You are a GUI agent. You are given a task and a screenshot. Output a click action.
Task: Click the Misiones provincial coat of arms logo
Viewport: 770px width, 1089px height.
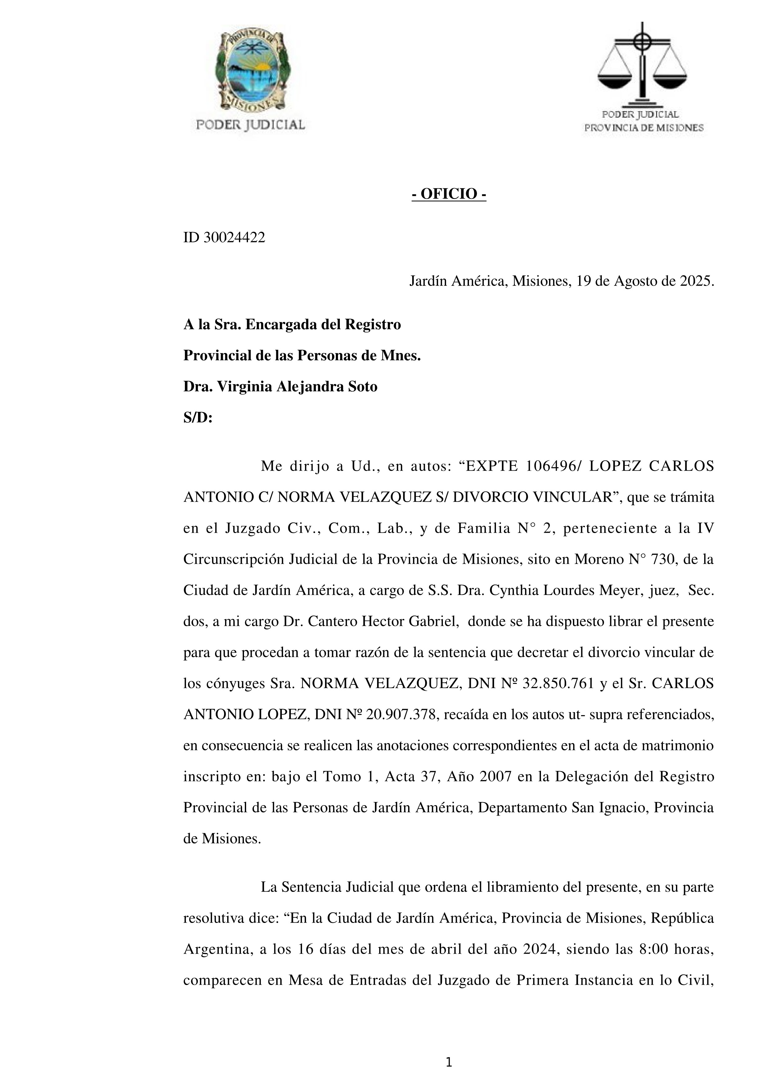(x=252, y=71)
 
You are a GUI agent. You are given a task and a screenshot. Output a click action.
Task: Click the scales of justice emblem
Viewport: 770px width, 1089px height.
(x=642, y=64)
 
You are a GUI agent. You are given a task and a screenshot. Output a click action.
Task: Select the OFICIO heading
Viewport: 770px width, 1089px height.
(x=448, y=194)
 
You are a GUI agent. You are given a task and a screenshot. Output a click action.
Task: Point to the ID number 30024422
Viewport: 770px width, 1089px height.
(x=234, y=237)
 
